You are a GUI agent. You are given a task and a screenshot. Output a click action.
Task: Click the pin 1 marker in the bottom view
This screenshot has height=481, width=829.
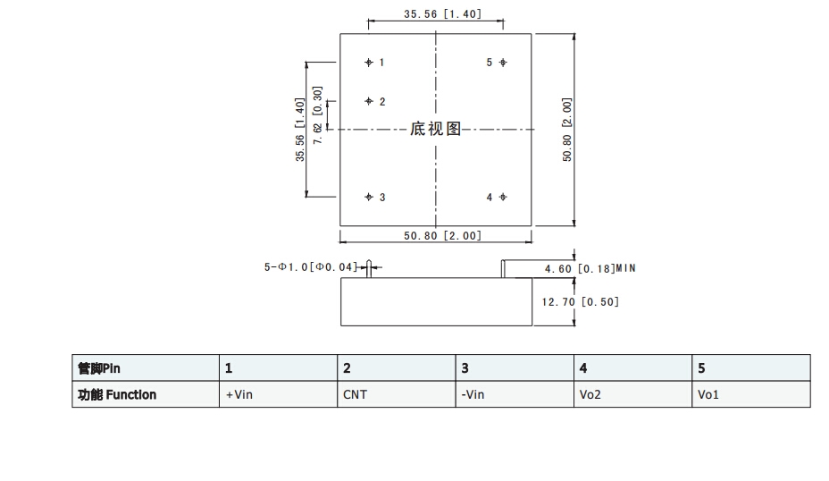[369, 63]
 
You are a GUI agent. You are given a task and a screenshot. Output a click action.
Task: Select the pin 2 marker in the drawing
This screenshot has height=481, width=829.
[369, 102]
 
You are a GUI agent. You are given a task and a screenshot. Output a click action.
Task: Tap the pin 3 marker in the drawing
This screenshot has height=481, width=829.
[369, 197]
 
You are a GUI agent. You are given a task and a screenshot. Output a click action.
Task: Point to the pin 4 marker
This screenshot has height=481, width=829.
[503, 197]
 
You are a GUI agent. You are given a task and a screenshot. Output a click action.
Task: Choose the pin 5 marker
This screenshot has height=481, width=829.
[503, 63]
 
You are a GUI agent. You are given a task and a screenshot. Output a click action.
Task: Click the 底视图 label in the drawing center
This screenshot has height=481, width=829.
[435, 130]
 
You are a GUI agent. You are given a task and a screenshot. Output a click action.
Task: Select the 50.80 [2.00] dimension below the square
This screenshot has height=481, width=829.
[442, 236]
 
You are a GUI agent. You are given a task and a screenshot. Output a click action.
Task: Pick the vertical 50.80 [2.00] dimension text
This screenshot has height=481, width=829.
[567, 130]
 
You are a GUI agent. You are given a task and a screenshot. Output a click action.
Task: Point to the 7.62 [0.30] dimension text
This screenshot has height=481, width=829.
[317, 115]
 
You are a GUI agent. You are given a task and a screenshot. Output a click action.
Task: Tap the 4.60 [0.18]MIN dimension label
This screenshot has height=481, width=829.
[590, 268]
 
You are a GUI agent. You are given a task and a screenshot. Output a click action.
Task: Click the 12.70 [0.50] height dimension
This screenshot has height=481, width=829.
[581, 301]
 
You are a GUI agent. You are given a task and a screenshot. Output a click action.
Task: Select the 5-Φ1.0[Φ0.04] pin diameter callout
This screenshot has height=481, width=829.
[310, 266]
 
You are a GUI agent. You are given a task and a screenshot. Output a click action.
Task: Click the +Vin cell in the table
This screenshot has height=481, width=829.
[239, 394]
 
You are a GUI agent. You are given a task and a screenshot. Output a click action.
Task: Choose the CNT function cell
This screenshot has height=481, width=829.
[355, 394]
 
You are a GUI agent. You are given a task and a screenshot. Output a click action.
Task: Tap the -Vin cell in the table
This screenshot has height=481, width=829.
[473, 394]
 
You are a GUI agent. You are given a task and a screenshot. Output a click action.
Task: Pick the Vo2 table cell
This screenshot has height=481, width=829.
[590, 394]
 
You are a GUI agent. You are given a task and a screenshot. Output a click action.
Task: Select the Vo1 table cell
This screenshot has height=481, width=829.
[708, 394]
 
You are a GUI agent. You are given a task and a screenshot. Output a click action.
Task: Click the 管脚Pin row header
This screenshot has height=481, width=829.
[99, 367]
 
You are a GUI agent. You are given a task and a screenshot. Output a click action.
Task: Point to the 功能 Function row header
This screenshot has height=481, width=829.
[117, 394]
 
